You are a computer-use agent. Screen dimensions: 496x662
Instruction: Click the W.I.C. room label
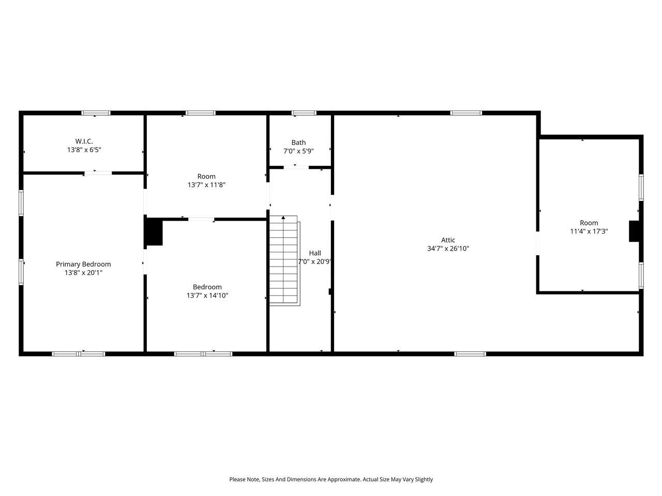84,141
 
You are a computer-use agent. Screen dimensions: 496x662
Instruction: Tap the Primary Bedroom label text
83,264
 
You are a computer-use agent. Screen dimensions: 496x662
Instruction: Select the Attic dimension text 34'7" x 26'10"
448,249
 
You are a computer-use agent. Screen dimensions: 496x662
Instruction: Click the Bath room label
298,143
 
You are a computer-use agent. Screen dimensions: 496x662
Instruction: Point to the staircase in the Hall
284,260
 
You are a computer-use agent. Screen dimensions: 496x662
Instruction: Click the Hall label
314,253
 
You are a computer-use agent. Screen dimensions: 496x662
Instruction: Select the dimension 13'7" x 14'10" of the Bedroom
207,296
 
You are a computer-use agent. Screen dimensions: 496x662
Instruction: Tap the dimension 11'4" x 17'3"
589,231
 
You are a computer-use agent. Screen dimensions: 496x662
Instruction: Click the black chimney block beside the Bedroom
154,232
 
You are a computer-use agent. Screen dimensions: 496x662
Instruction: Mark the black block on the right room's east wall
634,231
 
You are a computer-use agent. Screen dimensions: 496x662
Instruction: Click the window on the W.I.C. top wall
96,113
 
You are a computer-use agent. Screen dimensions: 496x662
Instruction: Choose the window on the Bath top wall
304,113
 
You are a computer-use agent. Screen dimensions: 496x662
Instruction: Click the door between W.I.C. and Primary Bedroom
98,173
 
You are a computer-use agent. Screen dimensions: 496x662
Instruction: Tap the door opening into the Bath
297,167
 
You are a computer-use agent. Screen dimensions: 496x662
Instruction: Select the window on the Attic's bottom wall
470,354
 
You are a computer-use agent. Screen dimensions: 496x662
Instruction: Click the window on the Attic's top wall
466,113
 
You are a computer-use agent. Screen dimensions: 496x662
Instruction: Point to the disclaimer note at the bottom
331,479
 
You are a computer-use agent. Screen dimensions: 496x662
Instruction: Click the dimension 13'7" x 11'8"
206,184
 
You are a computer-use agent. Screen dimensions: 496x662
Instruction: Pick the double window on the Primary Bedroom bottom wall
79,354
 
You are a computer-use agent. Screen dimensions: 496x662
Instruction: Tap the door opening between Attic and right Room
538,243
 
